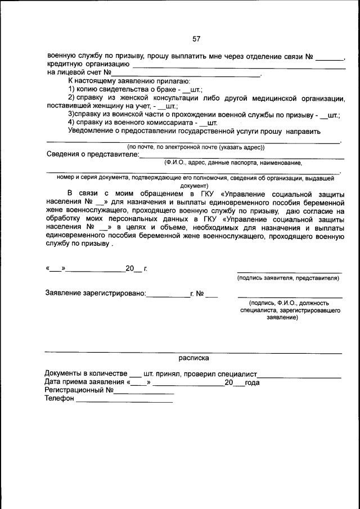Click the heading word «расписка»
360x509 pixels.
pos(194,357)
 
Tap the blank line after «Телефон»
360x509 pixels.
pos(124,401)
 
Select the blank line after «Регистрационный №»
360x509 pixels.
pos(144,393)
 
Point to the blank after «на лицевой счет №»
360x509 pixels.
pos(186,75)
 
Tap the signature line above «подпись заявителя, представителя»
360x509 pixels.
pos(289,272)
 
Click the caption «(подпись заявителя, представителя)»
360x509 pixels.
pos(288,278)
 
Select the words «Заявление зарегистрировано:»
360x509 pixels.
pos(95,293)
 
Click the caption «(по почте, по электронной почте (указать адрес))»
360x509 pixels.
pos(196,147)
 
